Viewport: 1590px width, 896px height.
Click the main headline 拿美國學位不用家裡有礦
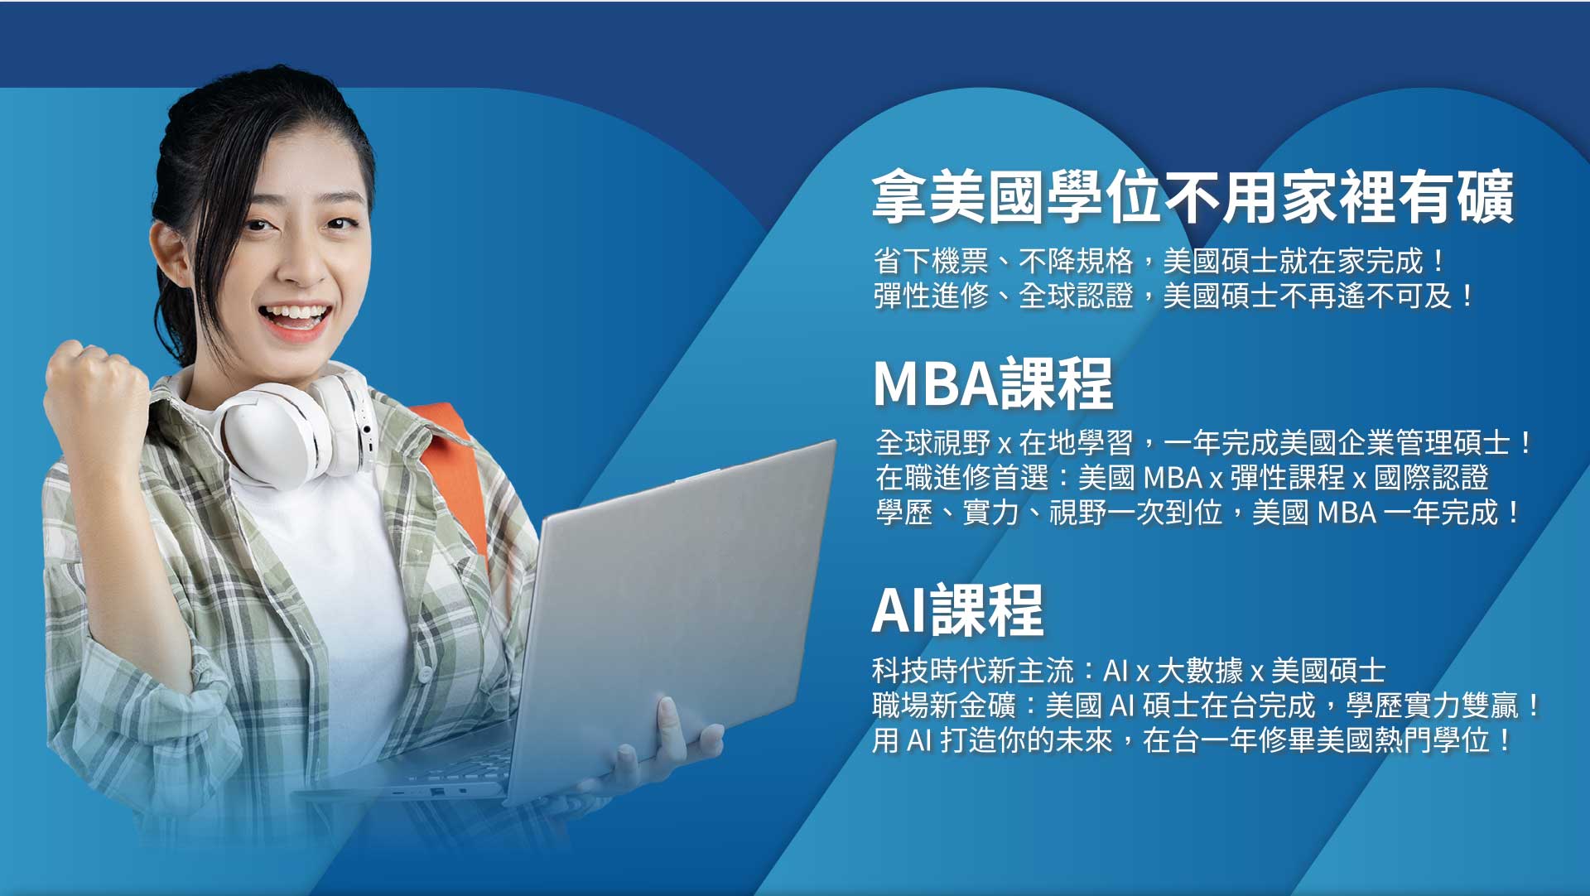pyautogui.click(x=1192, y=197)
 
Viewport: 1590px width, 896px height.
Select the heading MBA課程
pyautogui.click(x=993, y=383)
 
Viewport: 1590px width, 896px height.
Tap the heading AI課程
pyautogui.click(x=958, y=609)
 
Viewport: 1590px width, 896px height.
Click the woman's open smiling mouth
pyautogui.click(x=293, y=320)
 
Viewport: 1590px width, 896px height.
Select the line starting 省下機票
pyautogui.click(x=1159, y=261)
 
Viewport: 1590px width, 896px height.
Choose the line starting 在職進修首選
pyautogui.click(x=1182, y=478)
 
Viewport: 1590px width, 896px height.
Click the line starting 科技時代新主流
pyautogui.click(x=1129, y=670)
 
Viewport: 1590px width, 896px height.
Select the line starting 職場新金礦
pyautogui.click(x=1206, y=706)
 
